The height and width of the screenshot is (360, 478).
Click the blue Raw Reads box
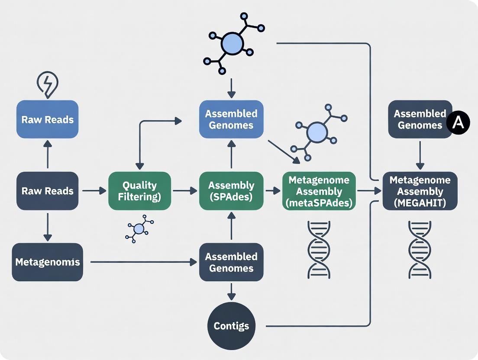pos(47,119)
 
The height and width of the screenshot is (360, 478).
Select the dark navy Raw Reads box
pos(47,191)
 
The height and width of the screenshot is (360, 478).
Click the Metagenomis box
pos(47,262)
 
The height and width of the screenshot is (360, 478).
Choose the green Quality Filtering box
pos(139,191)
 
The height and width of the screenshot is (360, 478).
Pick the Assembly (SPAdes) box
pos(231,191)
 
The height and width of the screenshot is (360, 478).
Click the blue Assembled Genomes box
pos(231,119)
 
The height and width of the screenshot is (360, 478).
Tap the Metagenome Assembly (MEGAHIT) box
pos(420,191)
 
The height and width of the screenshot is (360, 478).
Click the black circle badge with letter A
pos(458,123)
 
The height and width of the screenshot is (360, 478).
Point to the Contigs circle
pos(231,326)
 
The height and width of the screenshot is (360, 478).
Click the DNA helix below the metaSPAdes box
pos(319,249)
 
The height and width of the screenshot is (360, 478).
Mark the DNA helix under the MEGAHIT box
pos(420,249)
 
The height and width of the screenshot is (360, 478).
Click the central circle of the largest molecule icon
pos(233,44)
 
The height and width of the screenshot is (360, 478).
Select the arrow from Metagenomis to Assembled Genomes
pos(141,262)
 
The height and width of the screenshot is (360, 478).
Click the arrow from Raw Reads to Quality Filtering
pos(94,190)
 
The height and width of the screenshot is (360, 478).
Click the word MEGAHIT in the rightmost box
pos(420,202)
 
